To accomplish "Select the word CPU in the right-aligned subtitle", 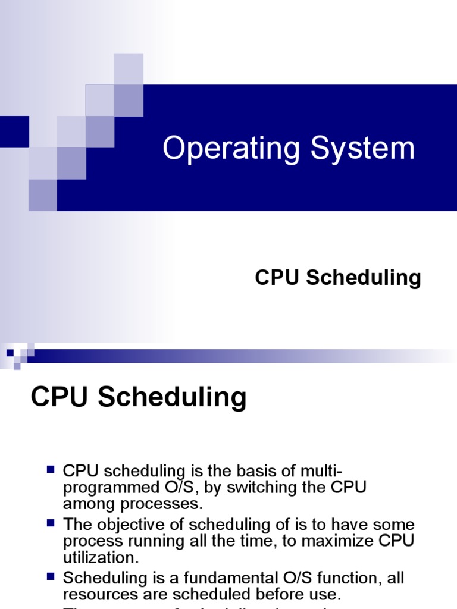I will pyautogui.click(x=277, y=278).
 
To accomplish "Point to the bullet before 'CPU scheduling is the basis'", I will pyautogui.click(x=51, y=470).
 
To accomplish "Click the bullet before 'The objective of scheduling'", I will pyautogui.click(x=51, y=523).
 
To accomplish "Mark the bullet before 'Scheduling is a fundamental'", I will pyautogui.click(x=51, y=576).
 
